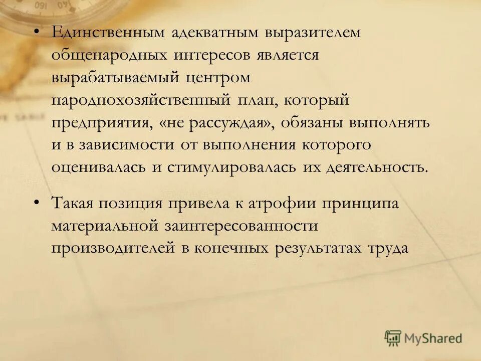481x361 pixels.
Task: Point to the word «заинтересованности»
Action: [241, 227]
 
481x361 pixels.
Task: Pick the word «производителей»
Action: [112, 249]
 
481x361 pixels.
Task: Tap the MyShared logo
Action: [423, 338]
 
